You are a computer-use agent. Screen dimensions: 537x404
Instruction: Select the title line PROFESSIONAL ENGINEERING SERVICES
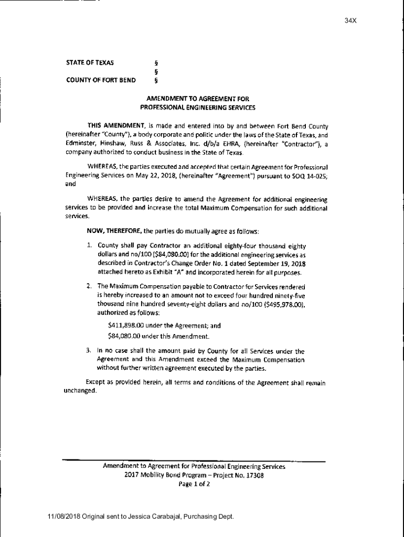pos(197,108)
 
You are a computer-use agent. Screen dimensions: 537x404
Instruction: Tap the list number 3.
pos(89,350)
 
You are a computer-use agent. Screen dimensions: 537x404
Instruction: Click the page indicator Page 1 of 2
pos(194,485)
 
